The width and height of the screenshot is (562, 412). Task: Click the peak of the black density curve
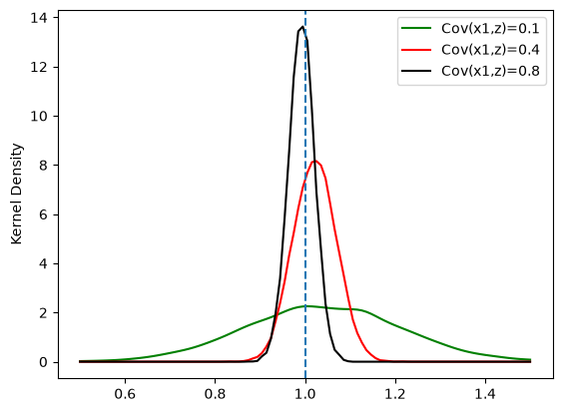coord(302,27)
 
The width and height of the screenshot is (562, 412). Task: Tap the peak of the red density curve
coord(314,161)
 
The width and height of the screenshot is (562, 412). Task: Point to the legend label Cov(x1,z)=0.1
coord(490,28)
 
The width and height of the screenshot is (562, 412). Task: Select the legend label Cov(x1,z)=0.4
coord(490,50)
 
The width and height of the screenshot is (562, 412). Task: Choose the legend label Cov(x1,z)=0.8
coord(490,71)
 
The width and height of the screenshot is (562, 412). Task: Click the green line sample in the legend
coord(416,28)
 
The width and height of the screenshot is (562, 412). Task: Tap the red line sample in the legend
coord(416,50)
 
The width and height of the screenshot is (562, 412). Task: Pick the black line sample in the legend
coord(416,71)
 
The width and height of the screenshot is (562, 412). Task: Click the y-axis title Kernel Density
coord(17,194)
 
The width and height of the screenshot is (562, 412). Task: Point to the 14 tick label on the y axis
coord(39,18)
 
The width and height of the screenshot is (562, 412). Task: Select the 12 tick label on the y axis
coord(39,67)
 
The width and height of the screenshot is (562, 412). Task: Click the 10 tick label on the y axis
coord(39,116)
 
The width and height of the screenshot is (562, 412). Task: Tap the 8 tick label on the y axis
coord(43,166)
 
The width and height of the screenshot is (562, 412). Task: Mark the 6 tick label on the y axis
coord(43,214)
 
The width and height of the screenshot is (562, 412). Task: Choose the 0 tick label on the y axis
coord(43,362)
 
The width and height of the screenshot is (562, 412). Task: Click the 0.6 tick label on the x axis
coord(125,394)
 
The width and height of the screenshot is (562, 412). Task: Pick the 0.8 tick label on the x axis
coord(215,394)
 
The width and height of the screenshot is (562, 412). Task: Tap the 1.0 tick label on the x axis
coord(305,394)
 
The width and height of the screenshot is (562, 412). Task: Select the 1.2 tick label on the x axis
coord(395,394)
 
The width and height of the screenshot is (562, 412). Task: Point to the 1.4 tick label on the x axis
coord(485,394)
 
